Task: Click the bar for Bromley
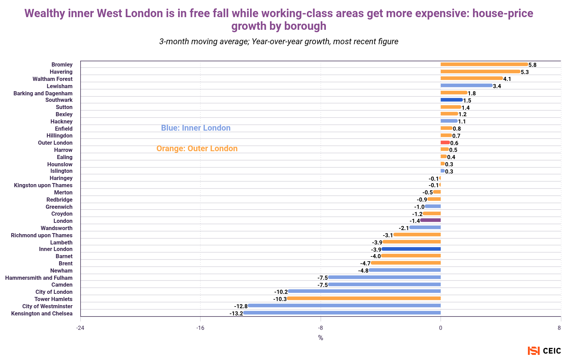(x=484, y=64)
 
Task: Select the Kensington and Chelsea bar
(x=342, y=313)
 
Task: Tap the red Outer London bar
(x=445, y=142)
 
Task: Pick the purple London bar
(x=431, y=220)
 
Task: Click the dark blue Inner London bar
(x=411, y=249)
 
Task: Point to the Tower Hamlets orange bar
(x=364, y=299)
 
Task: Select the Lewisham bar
(x=467, y=86)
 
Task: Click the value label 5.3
(x=525, y=72)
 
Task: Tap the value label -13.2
(x=236, y=313)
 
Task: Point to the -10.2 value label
(x=281, y=292)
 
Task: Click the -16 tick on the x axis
(x=200, y=328)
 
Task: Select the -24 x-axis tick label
(x=80, y=328)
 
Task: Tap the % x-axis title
(x=320, y=338)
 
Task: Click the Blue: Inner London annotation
(x=196, y=128)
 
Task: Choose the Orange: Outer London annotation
(x=197, y=148)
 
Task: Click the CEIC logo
(x=544, y=351)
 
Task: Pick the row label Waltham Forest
(x=52, y=79)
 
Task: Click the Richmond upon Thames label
(x=42, y=235)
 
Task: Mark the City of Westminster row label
(x=47, y=306)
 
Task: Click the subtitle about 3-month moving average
(x=279, y=42)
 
